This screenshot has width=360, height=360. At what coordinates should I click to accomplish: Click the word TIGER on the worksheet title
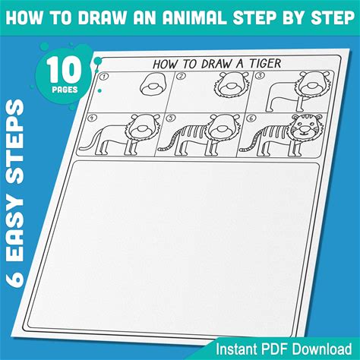click(x=265, y=63)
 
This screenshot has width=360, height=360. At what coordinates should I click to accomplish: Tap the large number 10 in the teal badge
click(x=65, y=70)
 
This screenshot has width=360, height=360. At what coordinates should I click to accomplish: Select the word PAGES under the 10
click(x=65, y=90)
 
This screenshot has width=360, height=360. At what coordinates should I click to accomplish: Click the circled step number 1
click(x=103, y=77)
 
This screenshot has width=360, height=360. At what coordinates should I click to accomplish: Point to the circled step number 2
click(x=181, y=76)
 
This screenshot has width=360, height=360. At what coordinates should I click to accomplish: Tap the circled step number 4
click(x=93, y=118)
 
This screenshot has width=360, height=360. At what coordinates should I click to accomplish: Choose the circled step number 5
click(x=172, y=118)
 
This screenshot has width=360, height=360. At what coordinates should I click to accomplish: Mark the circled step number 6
click(x=251, y=118)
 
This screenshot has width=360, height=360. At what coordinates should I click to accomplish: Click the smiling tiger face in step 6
click(x=306, y=127)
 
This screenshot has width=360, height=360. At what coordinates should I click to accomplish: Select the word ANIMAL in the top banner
click(x=194, y=17)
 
